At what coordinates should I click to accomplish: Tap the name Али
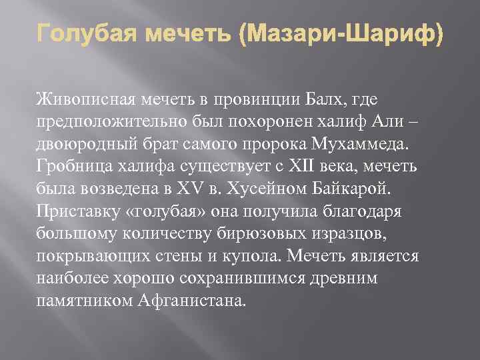(x=365, y=122)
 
